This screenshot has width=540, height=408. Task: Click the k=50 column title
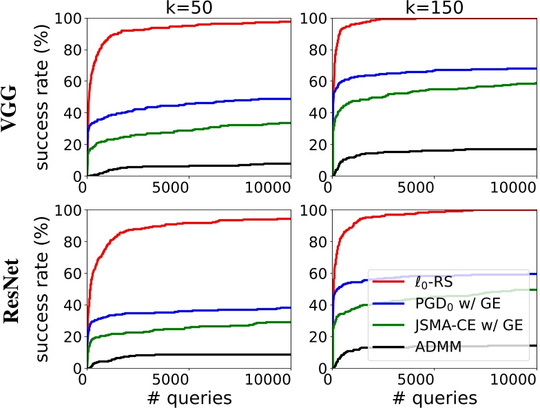pyautogui.click(x=187, y=8)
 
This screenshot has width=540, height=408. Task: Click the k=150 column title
pyautogui.click(x=433, y=8)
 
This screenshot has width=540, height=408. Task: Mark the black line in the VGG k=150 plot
pyautogui.click(x=448, y=150)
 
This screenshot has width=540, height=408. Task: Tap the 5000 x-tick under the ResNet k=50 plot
pyautogui.click(x=187, y=380)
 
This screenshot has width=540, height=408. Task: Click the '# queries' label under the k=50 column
pyautogui.click(x=187, y=398)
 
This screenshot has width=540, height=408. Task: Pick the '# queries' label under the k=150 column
pyautogui.click(x=433, y=398)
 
